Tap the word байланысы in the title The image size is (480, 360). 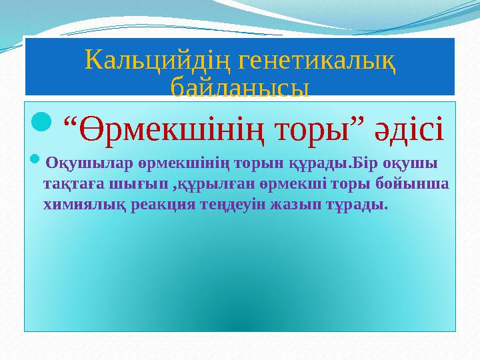click(240, 87)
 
